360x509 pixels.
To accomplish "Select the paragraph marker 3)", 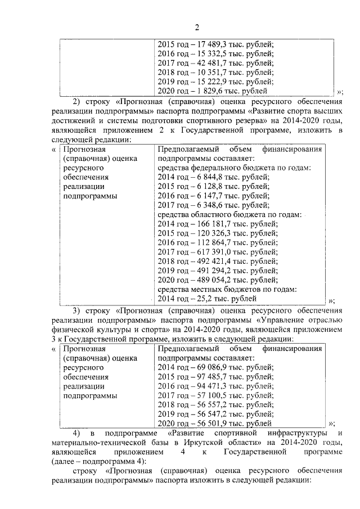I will point(78,310).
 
